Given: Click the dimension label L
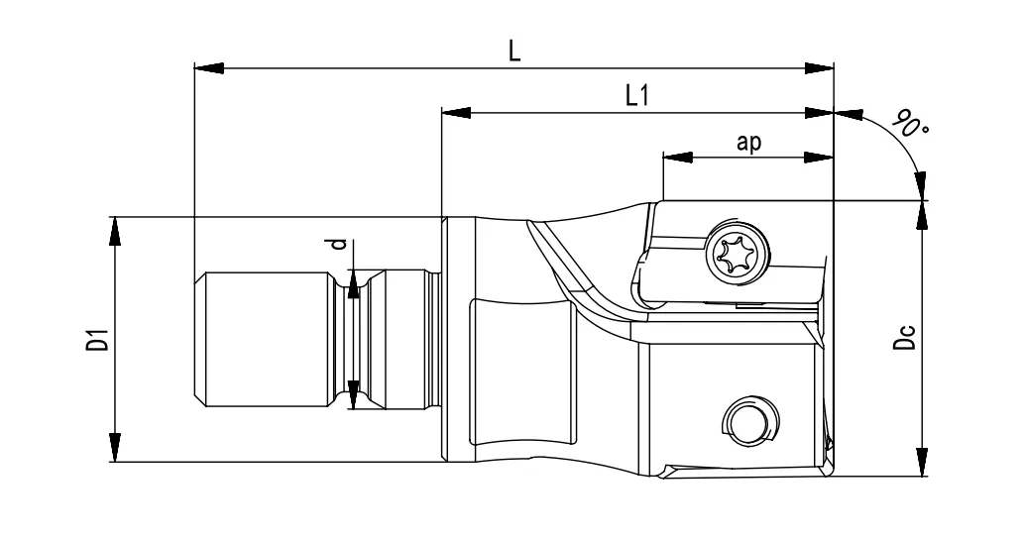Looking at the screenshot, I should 513,52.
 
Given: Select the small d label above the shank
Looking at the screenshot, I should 338,245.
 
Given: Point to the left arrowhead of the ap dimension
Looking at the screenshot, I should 675,158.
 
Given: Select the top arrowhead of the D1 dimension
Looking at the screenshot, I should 116,230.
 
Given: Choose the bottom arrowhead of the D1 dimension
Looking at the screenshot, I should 116,447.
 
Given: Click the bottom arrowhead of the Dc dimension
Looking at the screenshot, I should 923,461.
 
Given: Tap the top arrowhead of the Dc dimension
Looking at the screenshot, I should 923,215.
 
